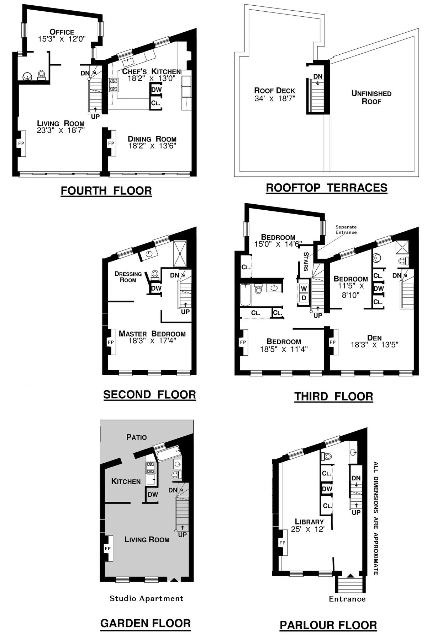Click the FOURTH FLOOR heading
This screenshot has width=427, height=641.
click(x=106, y=191)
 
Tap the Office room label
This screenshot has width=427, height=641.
click(x=62, y=32)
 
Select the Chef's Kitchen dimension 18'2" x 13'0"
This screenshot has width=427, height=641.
click(x=152, y=79)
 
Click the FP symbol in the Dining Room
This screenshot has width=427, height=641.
click(x=111, y=143)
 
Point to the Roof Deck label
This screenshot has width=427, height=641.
click(x=275, y=91)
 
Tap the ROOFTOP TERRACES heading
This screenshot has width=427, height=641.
click(x=327, y=188)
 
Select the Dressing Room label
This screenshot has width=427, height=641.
click(x=128, y=277)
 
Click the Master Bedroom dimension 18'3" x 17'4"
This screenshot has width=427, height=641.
click(x=152, y=341)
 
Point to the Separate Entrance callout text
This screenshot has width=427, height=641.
click(x=346, y=230)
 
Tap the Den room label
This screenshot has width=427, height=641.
click(x=374, y=338)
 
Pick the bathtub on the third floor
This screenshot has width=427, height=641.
click(x=246, y=295)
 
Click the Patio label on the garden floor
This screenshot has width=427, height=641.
click(x=136, y=437)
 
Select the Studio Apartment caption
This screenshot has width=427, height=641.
click(x=147, y=598)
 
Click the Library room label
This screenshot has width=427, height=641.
click(x=309, y=522)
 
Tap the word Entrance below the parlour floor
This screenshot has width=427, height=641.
click(x=347, y=599)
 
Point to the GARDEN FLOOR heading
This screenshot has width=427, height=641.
click(x=146, y=623)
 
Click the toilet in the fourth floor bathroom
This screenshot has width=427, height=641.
click(x=41, y=75)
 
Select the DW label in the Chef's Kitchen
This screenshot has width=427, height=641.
click(x=157, y=90)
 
